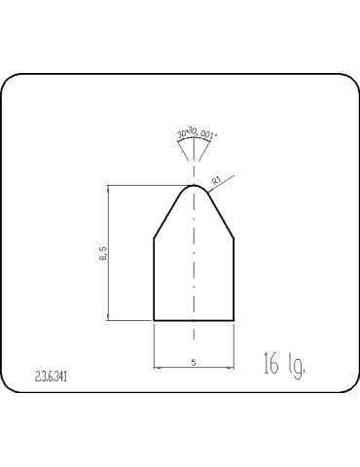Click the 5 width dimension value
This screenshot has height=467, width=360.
(195, 361)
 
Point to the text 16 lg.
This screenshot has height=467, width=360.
(285, 366)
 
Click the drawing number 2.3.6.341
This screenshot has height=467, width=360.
(51, 374)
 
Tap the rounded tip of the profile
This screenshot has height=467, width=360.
(195, 185)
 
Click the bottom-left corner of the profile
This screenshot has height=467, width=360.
(155, 319)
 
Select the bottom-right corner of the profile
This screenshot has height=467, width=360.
(234, 319)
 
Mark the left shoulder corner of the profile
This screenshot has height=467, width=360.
(155, 236)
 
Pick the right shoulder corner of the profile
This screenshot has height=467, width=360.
(234, 236)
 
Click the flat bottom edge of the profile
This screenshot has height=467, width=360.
(195, 319)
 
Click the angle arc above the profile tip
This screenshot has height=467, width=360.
(195, 144)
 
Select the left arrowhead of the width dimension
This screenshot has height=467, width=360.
(158, 367)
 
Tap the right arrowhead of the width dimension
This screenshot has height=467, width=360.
(232, 367)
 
